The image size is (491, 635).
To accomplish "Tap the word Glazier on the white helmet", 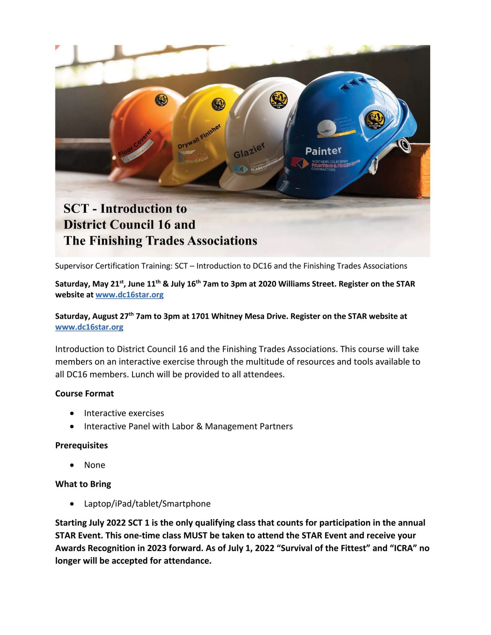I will coord(249,150).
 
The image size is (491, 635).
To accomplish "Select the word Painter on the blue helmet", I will coord(323,151).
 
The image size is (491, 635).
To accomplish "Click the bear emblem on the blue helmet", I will coord(375,119).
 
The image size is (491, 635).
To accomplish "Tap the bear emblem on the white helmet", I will coord(278,100).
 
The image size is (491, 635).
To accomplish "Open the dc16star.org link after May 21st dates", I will coord(129,295).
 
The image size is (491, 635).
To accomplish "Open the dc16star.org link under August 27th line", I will coord(89,327).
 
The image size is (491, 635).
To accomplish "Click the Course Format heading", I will coord(84,394).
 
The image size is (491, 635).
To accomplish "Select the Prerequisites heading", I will coord(81,445).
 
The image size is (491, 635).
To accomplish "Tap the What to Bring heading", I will coord(83,484).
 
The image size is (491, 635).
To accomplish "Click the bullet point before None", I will coord(72,465).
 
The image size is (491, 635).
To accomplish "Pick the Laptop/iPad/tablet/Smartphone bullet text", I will coord(147,504).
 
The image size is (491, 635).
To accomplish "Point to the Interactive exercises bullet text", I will coord(124,413).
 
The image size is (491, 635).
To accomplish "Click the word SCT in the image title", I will coord(76,209).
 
